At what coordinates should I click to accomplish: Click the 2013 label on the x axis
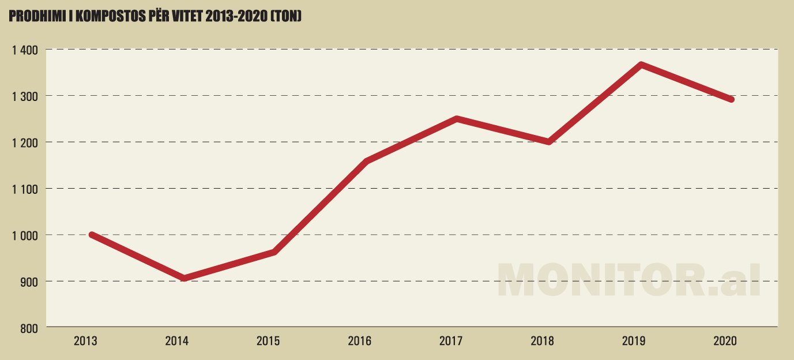click(x=85, y=341)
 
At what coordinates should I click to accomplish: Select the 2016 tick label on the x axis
click(x=359, y=341)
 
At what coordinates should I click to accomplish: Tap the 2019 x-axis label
click(x=634, y=341)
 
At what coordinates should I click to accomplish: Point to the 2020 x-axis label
click(x=725, y=341)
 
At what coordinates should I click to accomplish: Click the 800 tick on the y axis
click(x=29, y=328)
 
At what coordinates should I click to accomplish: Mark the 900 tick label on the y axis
click(x=29, y=282)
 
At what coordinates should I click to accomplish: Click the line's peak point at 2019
click(x=641, y=65)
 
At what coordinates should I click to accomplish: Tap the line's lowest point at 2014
click(x=183, y=279)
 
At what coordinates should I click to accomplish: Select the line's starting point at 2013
click(x=92, y=234)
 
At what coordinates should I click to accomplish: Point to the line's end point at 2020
click(x=732, y=99)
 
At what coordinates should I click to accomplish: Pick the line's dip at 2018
click(x=548, y=142)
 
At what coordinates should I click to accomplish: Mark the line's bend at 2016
click(x=366, y=161)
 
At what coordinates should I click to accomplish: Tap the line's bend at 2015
click(x=274, y=252)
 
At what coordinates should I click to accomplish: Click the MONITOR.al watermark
click(x=629, y=281)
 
